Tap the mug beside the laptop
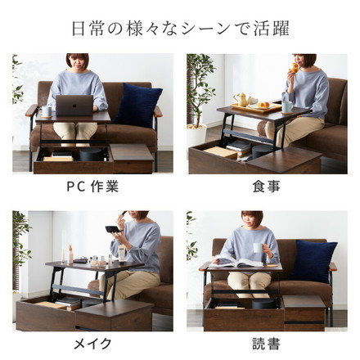click(47, 110)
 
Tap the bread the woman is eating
click(294, 69)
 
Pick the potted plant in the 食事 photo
click(200, 98)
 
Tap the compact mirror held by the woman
click(112, 230)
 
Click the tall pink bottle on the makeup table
click(70, 254)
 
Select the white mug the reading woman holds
click(258, 248)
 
